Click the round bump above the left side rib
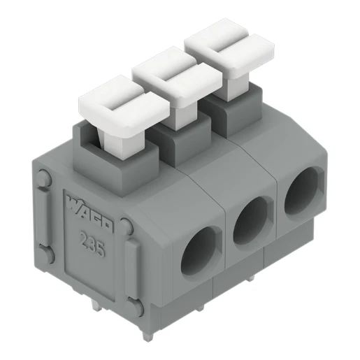(x=44, y=180)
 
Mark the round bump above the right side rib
(x=127, y=228)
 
